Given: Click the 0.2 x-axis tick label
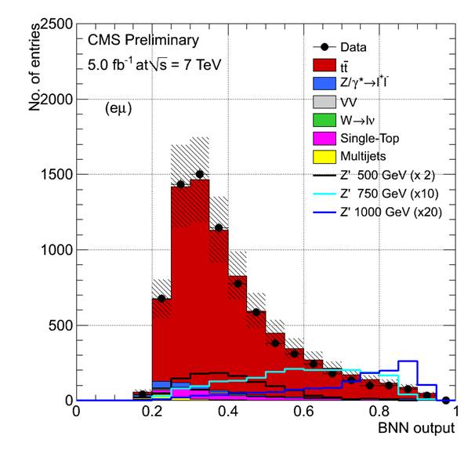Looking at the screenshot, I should coord(152,412).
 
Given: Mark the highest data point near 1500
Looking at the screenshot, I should coord(200,174).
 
